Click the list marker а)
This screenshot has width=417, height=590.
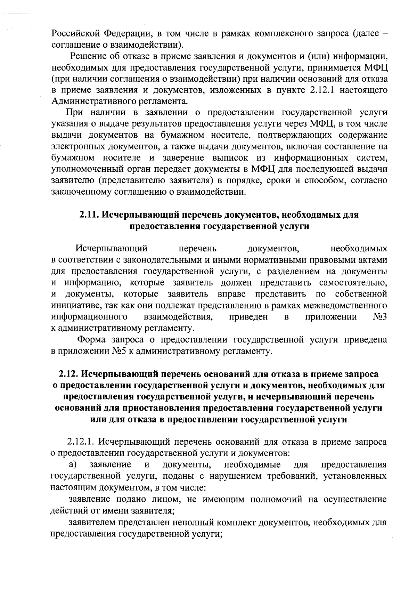coord(72,464)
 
